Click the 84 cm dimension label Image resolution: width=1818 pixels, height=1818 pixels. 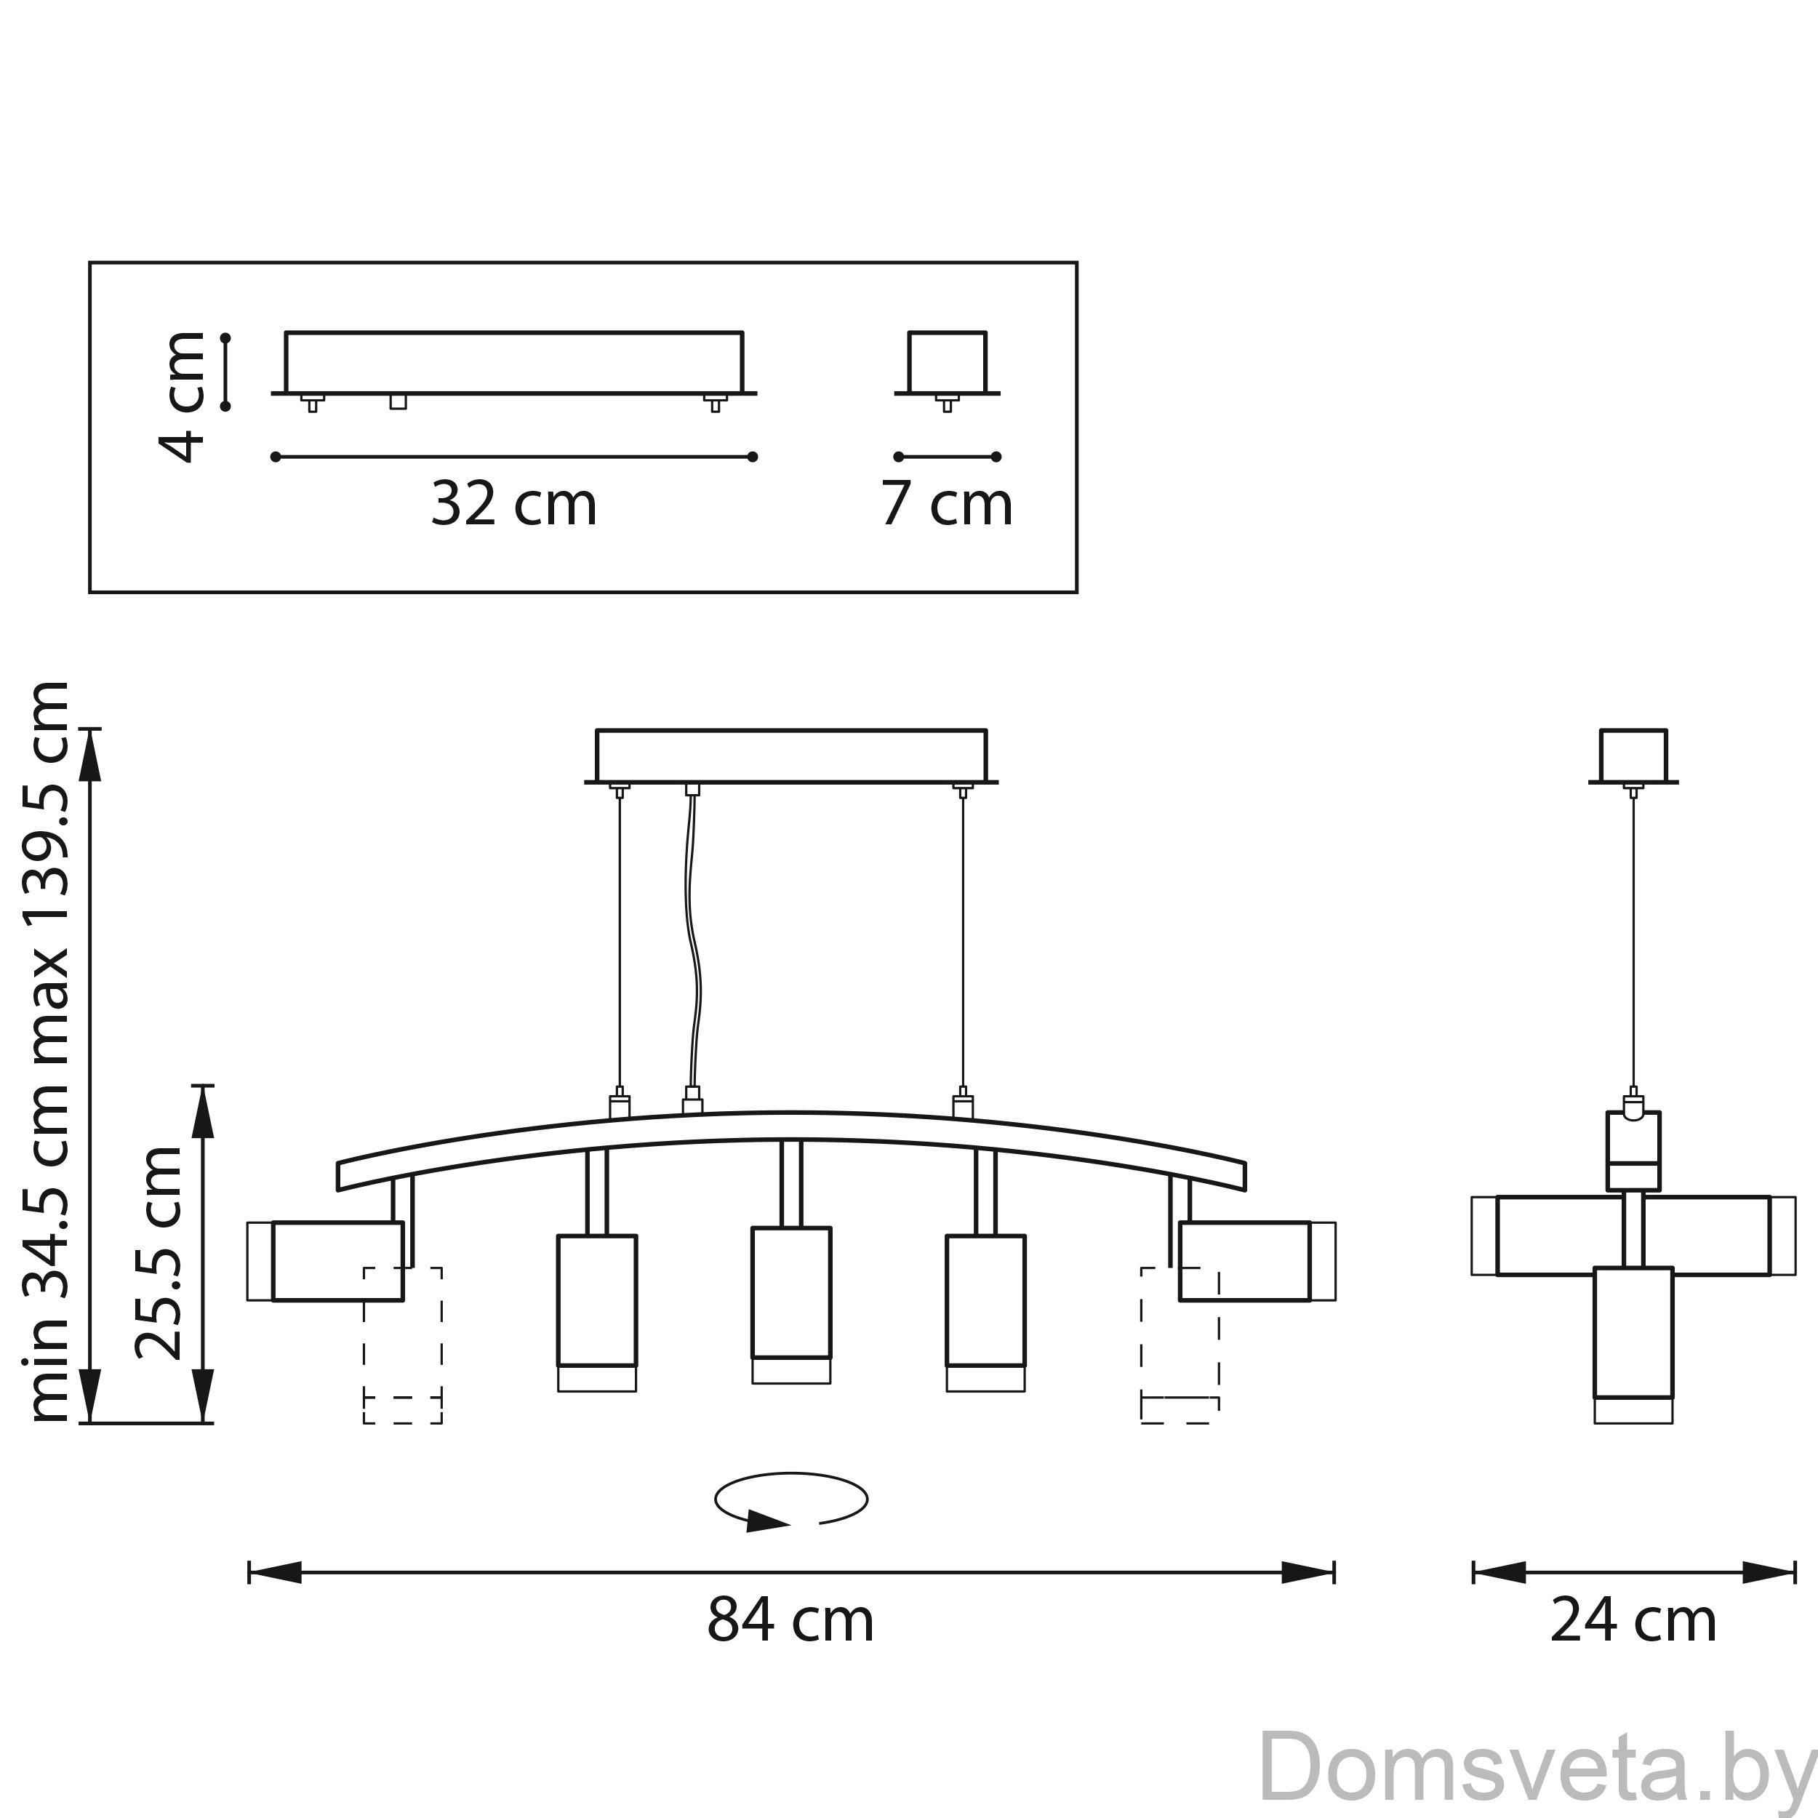point(790,1620)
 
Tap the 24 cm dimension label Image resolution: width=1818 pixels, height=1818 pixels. point(1633,1620)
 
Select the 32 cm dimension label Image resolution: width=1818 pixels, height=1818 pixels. point(514,503)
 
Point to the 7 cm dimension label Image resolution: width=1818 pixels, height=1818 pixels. point(947,503)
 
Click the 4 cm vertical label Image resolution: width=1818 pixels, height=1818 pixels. point(183,396)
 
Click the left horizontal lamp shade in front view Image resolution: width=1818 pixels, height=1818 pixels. point(326,1261)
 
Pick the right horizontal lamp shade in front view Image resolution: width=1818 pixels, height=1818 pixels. point(1257,1261)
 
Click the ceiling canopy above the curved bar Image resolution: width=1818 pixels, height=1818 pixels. point(791,756)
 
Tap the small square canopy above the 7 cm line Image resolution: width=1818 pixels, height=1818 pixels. point(948,363)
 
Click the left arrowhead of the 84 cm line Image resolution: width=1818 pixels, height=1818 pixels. point(275,1571)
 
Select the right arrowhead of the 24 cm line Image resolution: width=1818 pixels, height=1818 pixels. point(1769,1571)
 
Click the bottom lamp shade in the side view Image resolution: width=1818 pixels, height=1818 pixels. point(1633,1345)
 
